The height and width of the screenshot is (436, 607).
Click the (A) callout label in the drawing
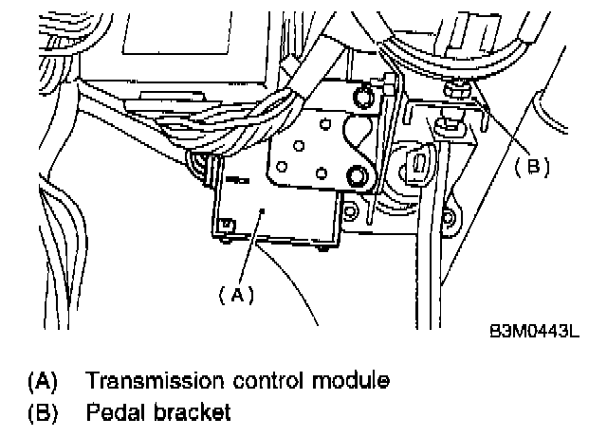pyautogui.click(x=237, y=296)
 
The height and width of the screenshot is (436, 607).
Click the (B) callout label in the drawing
pyautogui.click(x=532, y=166)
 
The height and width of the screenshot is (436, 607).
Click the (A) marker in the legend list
pyautogui.click(x=43, y=381)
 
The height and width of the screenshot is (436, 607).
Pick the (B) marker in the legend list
pyautogui.click(x=43, y=413)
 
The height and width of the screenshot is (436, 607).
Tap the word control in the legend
pyautogui.click(x=260, y=381)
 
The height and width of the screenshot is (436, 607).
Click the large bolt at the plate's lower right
pyautogui.click(x=358, y=175)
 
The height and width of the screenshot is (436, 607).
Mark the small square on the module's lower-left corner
pyautogui.click(x=227, y=225)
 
